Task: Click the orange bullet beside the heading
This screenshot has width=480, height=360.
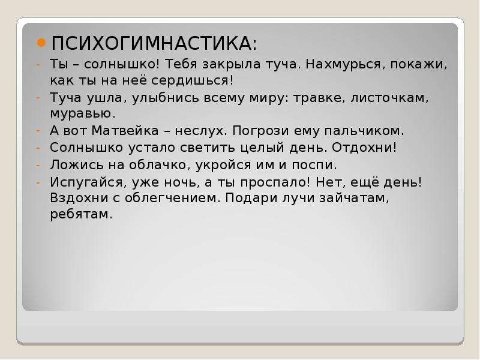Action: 41,43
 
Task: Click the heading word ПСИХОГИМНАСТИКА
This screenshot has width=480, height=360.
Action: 152,43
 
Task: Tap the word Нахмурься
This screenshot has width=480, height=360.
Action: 343,65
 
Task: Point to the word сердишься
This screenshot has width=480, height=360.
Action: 190,80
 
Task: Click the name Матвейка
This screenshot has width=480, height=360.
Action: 125,131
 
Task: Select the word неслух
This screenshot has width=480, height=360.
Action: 199,131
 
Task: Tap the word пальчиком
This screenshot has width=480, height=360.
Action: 362,131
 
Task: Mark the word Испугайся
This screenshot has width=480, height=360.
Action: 86,183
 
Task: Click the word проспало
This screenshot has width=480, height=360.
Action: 272,183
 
